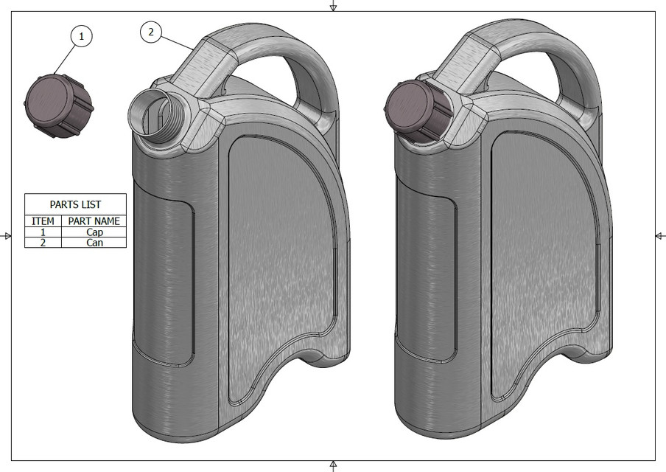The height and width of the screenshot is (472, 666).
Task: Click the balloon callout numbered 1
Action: pos(81,35)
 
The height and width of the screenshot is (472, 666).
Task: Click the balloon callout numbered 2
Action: pos(151,32)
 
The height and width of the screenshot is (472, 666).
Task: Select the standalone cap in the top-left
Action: pos(58,106)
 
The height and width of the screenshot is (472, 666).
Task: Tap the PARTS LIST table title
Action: pos(75,204)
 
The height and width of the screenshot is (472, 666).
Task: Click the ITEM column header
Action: pos(43,221)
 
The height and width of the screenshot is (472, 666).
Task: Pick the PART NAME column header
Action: pos(94,221)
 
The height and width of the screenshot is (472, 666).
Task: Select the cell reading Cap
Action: pos(94,232)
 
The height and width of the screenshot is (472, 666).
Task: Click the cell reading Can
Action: pos(94,242)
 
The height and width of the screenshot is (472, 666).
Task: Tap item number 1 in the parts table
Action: pos(43,232)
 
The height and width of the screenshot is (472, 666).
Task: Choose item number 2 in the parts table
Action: pos(43,242)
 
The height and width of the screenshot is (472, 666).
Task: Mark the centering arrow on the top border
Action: pos(333,6)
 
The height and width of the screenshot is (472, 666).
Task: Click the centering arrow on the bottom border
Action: pos(333,465)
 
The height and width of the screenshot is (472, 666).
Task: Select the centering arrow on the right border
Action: pos(659,235)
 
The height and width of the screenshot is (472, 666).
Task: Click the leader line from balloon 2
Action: pos(177,41)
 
